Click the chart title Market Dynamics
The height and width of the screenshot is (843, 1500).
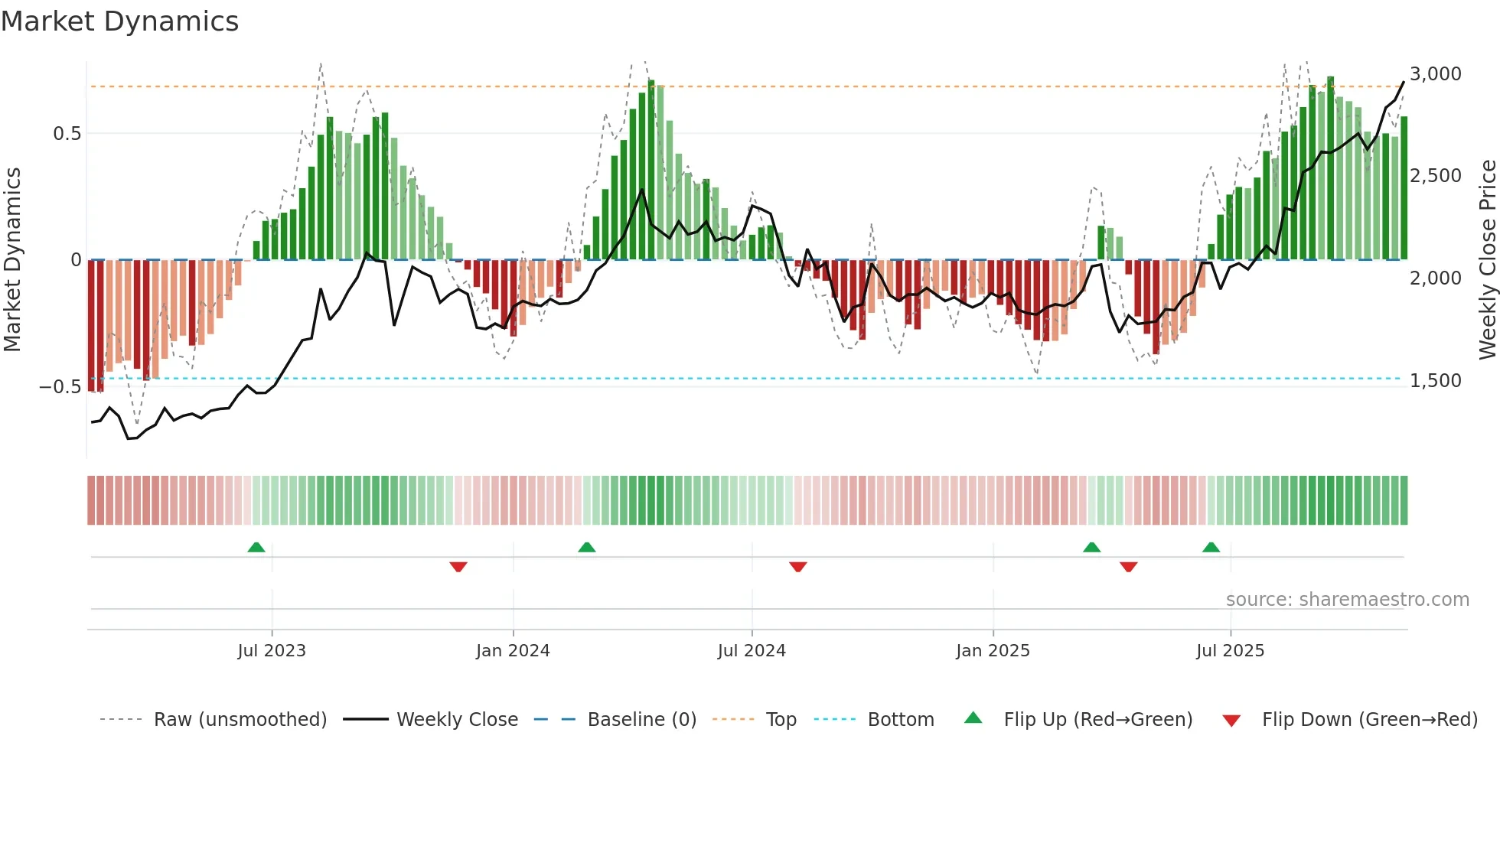coord(119,21)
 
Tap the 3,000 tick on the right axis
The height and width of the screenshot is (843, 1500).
coord(1435,74)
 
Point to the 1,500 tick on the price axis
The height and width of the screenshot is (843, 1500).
coord(1435,380)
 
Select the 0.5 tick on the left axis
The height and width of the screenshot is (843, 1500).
coord(67,134)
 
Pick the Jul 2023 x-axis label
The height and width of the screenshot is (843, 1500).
coord(271,651)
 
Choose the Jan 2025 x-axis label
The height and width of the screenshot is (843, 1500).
coord(993,651)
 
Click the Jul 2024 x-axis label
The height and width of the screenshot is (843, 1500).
coord(752,651)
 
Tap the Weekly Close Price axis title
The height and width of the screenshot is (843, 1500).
coord(1487,260)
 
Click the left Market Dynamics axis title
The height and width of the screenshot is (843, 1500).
coord(12,260)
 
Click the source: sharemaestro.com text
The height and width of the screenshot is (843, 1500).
coord(1347,600)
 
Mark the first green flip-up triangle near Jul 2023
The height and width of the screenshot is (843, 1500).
coord(256,548)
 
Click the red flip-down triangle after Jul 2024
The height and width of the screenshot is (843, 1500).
coord(797,567)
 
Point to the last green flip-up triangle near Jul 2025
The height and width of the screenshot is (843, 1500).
coord(1211,548)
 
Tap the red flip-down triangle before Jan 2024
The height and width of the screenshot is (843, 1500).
coord(458,567)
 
